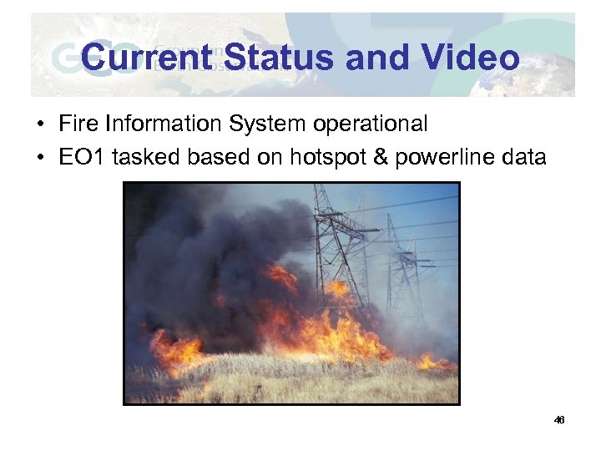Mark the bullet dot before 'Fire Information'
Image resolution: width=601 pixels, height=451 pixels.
point(40,125)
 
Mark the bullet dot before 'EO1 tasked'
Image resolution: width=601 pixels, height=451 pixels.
point(40,157)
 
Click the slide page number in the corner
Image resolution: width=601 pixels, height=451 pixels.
point(559,420)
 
